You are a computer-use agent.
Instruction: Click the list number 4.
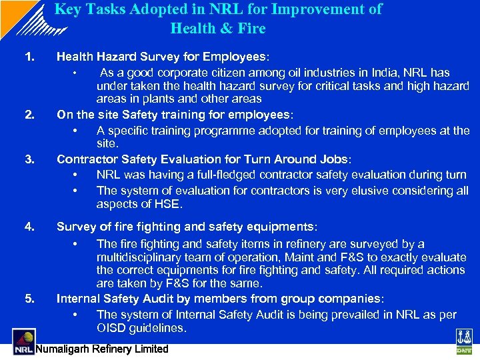click(29, 227)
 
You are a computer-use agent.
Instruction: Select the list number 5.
click(29, 298)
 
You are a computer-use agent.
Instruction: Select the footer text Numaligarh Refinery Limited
click(102, 349)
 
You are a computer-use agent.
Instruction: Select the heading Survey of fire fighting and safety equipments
click(186, 227)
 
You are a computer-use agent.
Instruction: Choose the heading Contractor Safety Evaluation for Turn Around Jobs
click(203, 159)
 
